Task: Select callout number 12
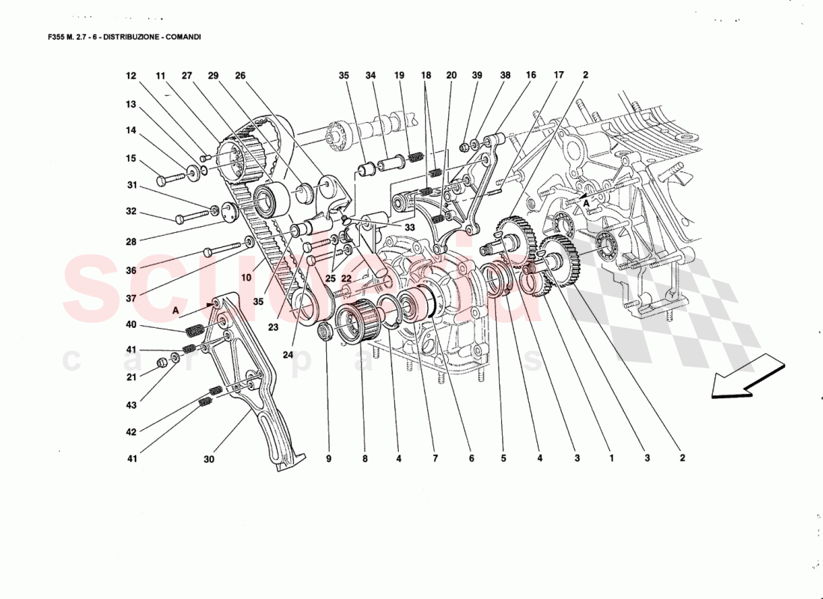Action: tap(132, 76)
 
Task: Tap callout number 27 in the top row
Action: tap(186, 76)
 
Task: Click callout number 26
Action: tap(240, 76)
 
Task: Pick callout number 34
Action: tap(371, 76)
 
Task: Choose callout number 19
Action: tap(399, 76)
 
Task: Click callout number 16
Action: tap(530, 76)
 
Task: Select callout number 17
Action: tap(558, 76)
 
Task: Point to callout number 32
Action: tap(132, 211)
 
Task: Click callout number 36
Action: tap(132, 270)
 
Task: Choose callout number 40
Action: tap(132, 324)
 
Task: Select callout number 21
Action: tap(132, 378)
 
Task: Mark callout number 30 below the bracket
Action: tap(209, 460)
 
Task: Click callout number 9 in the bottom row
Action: tap(328, 458)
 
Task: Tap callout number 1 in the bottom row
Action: tap(611, 458)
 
